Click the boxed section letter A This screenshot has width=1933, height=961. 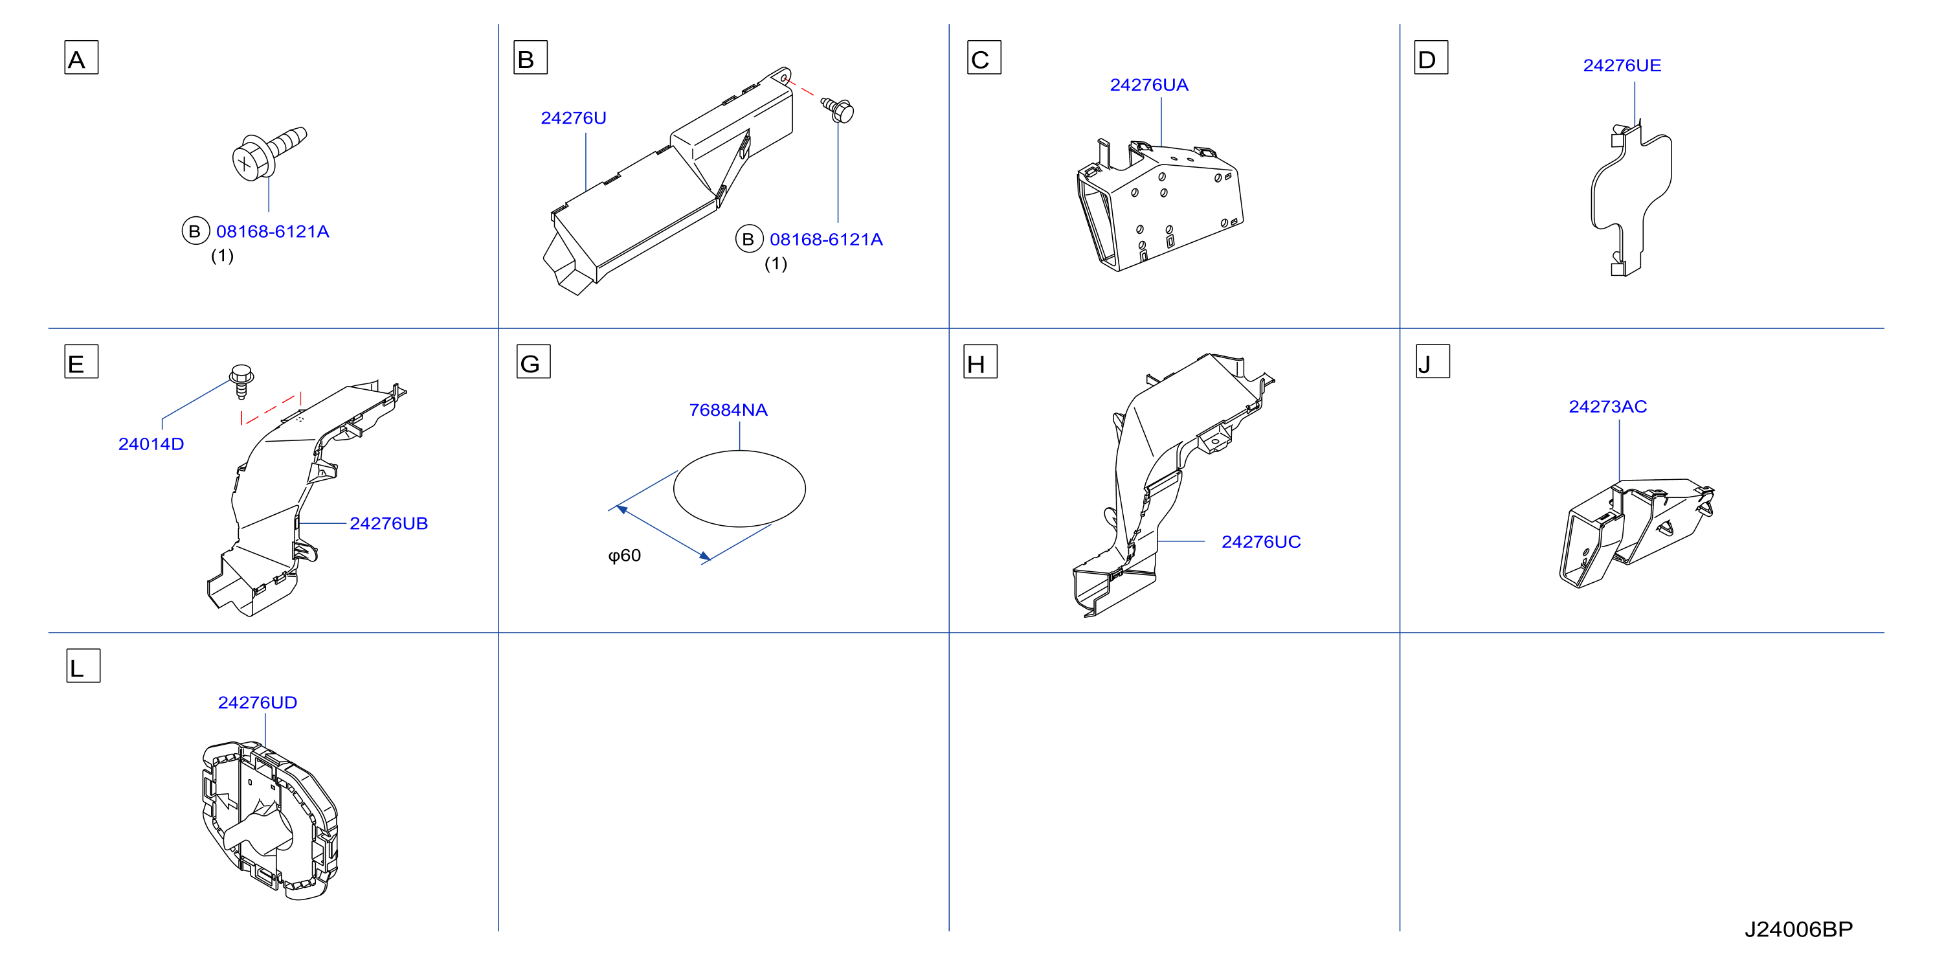[81, 58]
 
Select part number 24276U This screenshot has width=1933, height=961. [574, 118]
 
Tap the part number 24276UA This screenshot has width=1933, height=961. [1149, 85]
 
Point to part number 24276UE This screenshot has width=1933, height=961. [1622, 65]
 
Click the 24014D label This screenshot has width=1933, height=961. [151, 444]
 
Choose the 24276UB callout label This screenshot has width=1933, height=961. [388, 523]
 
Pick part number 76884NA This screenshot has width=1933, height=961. [728, 410]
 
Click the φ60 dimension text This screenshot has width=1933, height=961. [624, 556]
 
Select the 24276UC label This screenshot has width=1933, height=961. [1260, 541]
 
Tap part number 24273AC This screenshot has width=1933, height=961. [1607, 406]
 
